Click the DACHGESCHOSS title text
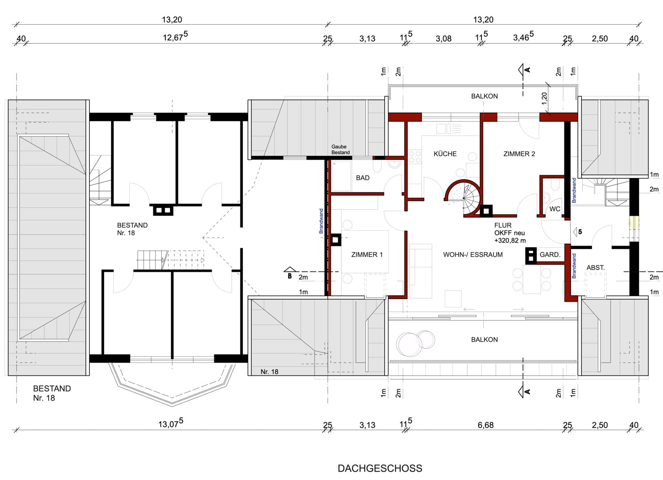coord(380,468)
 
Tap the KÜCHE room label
coord(445,154)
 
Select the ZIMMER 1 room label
coord(367,254)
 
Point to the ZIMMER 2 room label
coord(519,154)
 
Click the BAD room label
coord(362,178)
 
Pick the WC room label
coord(555,209)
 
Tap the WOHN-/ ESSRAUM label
coord(473,254)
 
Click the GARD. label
coord(550,254)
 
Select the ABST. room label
coord(596,268)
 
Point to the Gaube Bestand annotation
coord(340,149)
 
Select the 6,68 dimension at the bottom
coord(485,425)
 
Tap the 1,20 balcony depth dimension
coord(544,98)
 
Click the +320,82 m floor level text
coord(510,240)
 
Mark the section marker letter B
coord(290,276)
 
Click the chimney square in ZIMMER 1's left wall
coord(335,240)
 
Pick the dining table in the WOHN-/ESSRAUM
coord(532,280)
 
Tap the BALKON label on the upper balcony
coord(484,96)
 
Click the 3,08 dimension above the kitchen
coord(443,39)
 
